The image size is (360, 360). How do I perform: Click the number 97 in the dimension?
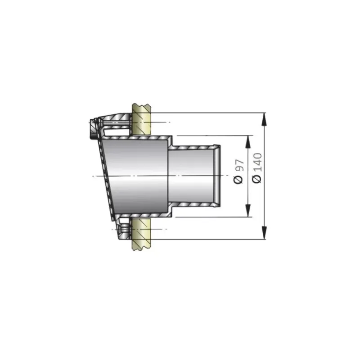pyautogui.click(x=239, y=165)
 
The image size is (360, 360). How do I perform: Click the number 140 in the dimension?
pyautogui.click(x=257, y=162)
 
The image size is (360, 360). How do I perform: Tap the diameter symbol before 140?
pyautogui.click(x=257, y=179)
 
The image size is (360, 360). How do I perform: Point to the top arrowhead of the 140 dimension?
pyautogui.click(x=265, y=119)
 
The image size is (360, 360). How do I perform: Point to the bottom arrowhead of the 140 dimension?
pyautogui.click(x=265, y=233)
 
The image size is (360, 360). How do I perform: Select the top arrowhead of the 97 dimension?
pyautogui.click(x=248, y=142)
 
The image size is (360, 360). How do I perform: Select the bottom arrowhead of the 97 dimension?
pyautogui.click(x=248, y=211)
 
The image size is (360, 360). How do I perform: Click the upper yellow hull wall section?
pyautogui.click(x=141, y=120)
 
